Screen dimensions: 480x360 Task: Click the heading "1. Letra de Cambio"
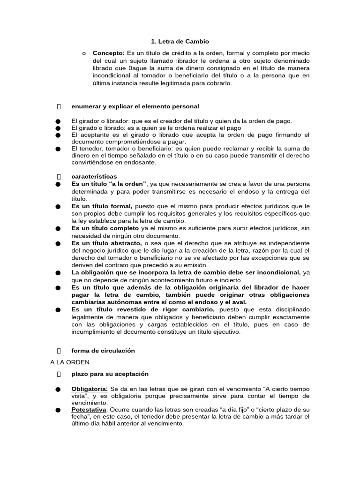(x=174, y=42)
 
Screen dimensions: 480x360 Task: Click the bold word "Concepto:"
(x=107, y=53)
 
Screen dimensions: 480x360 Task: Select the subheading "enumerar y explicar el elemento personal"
(x=135, y=106)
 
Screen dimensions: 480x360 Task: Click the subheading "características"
(x=94, y=176)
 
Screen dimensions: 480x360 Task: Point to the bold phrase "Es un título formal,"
(x=102, y=206)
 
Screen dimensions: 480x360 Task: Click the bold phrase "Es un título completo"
(x=105, y=228)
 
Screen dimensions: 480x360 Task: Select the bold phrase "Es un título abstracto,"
(x=106, y=243)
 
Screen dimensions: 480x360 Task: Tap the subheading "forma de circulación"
(x=103, y=350)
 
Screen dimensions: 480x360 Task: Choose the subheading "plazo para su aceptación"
(x=110, y=374)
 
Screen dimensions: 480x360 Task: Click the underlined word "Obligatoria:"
(x=90, y=389)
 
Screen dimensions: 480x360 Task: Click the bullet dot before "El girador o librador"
(x=58, y=121)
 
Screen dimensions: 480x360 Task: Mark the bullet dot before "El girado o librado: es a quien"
(x=58, y=128)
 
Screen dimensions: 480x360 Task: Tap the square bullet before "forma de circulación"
(x=59, y=350)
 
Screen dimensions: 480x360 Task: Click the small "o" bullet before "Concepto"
(x=83, y=53)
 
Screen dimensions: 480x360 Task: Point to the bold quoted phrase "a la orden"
(x=128, y=184)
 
